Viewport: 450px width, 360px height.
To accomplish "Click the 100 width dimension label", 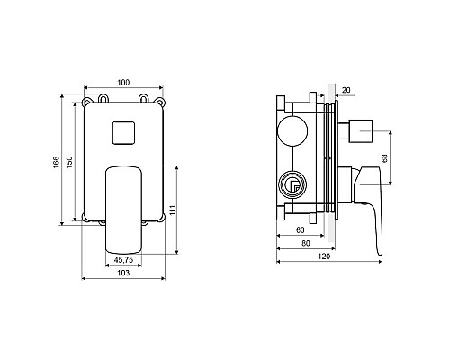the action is click(123, 83).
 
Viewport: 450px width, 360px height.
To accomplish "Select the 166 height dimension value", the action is click(57, 162).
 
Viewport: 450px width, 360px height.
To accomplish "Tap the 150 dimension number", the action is click(69, 162).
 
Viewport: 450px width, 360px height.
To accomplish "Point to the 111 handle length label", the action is click(172, 210).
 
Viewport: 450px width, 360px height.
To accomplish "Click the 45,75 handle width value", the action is click(123, 260).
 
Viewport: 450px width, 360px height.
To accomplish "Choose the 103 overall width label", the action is click(123, 273).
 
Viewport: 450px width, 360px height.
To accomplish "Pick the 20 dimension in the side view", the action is click(346, 90).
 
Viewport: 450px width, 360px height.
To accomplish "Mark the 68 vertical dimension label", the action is click(385, 158).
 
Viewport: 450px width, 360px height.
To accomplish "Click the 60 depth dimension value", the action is click(301, 230).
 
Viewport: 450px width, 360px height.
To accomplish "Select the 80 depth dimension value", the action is click(306, 243).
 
